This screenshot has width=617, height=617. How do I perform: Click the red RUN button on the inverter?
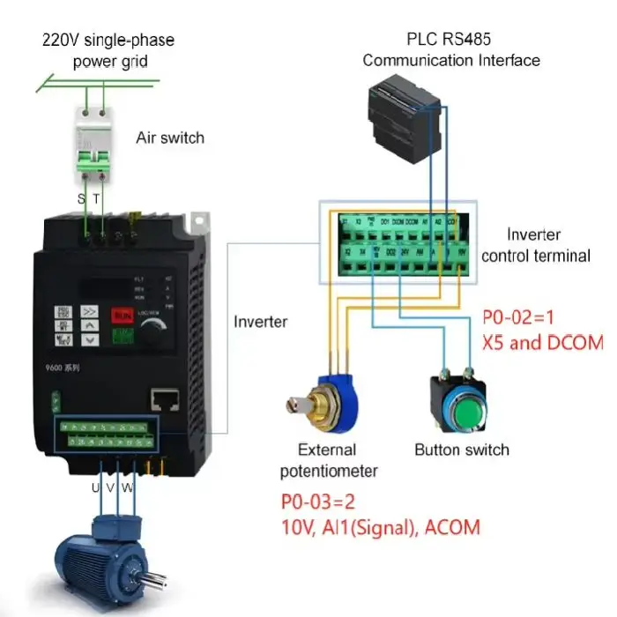(121, 315)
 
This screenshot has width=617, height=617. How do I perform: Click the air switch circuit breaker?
(97, 145)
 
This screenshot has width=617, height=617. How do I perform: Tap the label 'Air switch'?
(170, 138)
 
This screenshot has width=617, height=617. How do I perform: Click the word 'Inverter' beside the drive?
(260, 321)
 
